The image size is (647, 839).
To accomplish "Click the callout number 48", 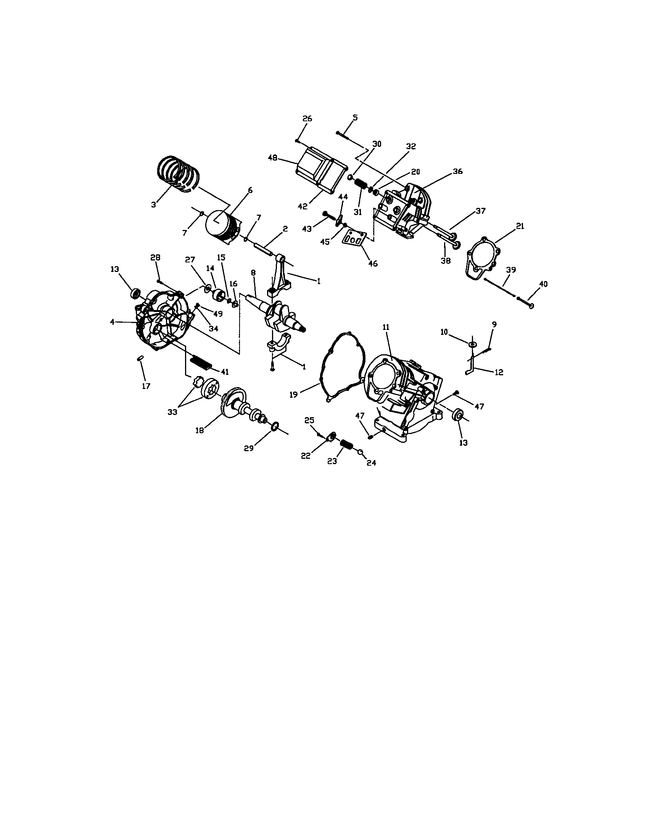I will tap(272, 158).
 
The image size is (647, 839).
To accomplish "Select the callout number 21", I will tap(520, 226).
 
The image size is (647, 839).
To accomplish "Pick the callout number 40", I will tap(543, 284).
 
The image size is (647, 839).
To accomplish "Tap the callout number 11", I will tap(386, 327).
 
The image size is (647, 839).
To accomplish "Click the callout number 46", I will tap(373, 264).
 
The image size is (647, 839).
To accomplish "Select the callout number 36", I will tap(457, 171).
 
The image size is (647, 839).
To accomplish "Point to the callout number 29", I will tap(249, 448).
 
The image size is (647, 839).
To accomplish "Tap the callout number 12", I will tap(498, 372).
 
